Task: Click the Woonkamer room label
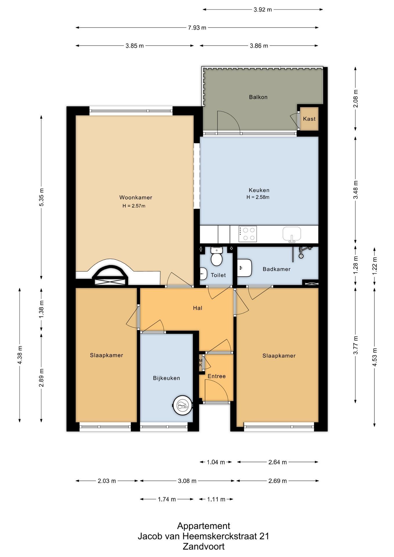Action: (x=136, y=198)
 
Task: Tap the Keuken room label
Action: (x=259, y=190)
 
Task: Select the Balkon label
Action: (x=258, y=97)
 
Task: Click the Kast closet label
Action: (x=309, y=119)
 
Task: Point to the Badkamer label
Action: (x=276, y=269)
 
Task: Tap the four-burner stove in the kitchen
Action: (x=248, y=234)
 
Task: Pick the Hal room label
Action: (x=198, y=308)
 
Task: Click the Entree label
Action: (x=217, y=376)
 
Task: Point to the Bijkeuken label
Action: (x=167, y=378)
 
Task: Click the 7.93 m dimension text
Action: (x=197, y=28)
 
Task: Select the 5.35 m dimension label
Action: (x=41, y=197)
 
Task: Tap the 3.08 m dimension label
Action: (x=187, y=481)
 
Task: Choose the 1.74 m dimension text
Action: (x=167, y=499)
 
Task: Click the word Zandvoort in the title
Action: (x=204, y=547)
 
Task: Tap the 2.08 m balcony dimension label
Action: (x=356, y=99)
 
